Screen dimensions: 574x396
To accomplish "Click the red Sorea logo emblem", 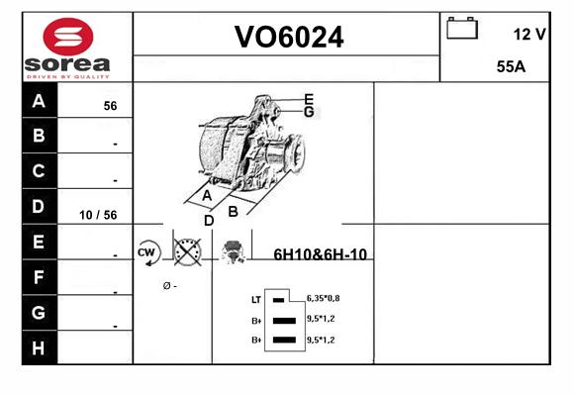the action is click(68, 37).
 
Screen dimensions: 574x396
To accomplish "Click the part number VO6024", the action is click(289, 37).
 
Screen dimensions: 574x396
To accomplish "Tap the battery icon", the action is click(462, 28).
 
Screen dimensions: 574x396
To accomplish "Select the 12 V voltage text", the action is click(529, 35).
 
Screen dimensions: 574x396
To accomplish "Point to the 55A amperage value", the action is click(511, 66).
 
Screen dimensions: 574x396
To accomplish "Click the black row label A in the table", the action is click(40, 100).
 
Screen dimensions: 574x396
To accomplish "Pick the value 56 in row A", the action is click(110, 106).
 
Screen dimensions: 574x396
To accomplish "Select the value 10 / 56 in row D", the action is click(98, 215).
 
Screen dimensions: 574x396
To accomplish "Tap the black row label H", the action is click(40, 347).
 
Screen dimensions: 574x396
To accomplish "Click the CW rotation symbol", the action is click(146, 252).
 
